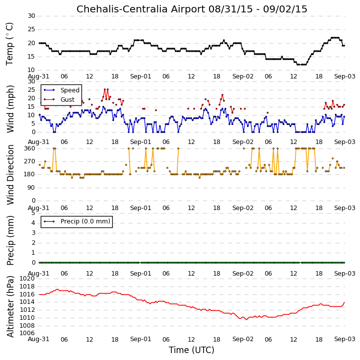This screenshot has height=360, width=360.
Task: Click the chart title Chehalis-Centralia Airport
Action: [x=141, y=9]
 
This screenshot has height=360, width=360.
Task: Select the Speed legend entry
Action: [x=62, y=90]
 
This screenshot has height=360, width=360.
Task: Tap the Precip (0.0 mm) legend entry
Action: [x=77, y=221]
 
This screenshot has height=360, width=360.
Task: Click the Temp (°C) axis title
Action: [x=9, y=44]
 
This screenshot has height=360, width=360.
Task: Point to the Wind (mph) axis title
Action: [x=10, y=109]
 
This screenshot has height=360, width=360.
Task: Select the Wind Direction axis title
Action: [x=10, y=175]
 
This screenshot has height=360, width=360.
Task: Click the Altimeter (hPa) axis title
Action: [x=10, y=306]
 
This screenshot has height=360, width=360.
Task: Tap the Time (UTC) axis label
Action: [x=192, y=350]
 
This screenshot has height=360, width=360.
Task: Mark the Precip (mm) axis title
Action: [x=10, y=240]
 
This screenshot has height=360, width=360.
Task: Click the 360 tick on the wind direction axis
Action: [x=30, y=148]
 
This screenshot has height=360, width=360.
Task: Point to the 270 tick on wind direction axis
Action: [x=30, y=161]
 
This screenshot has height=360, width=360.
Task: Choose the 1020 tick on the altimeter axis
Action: [x=27, y=279]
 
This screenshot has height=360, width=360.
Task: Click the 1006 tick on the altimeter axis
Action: [x=27, y=333]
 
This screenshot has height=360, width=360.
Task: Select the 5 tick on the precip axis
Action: [x=33, y=213]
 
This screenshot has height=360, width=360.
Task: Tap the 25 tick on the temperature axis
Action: [x=31, y=29]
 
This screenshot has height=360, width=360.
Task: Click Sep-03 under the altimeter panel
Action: [x=345, y=339]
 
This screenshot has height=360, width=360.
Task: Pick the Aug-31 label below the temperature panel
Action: [x=39, y=76]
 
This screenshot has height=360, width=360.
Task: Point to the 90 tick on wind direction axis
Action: [x=31, y=188]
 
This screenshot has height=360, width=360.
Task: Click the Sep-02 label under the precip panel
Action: [x=243, y=274]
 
